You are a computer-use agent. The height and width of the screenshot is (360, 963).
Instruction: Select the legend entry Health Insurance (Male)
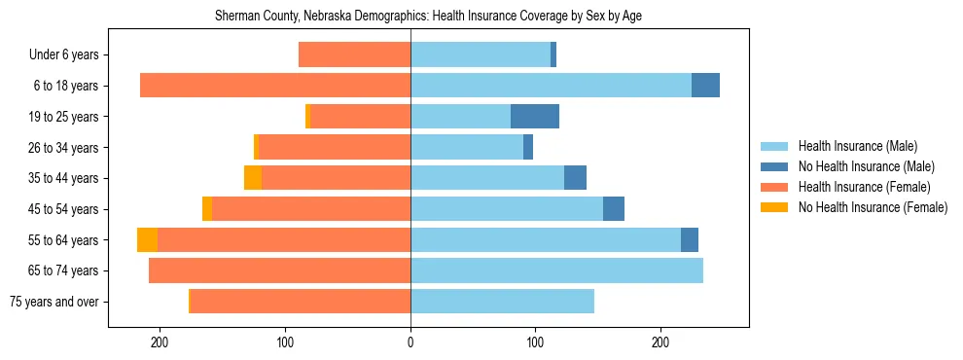pos(856,146)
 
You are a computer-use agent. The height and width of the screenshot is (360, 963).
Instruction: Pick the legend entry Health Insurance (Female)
pos(864,187)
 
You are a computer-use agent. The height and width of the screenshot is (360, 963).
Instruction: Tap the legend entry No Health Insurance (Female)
pos(873,207)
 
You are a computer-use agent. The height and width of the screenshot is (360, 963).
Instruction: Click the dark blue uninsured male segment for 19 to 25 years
pos(535,117)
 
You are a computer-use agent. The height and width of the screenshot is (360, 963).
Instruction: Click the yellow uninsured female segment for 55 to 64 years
pos(147,240)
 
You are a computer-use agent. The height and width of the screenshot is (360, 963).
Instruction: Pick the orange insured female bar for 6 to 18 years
pos(275,86)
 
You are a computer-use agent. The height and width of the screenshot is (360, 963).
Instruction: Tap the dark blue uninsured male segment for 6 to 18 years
pos(705,86)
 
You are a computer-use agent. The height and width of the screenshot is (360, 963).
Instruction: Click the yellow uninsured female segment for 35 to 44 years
pos(253,178)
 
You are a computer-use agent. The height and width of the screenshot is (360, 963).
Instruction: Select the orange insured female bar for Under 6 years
pos(354,55)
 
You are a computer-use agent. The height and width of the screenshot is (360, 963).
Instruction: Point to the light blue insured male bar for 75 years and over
pos(502,302)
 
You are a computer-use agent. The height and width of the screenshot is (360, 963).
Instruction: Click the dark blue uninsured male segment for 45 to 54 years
pos(614,209)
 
